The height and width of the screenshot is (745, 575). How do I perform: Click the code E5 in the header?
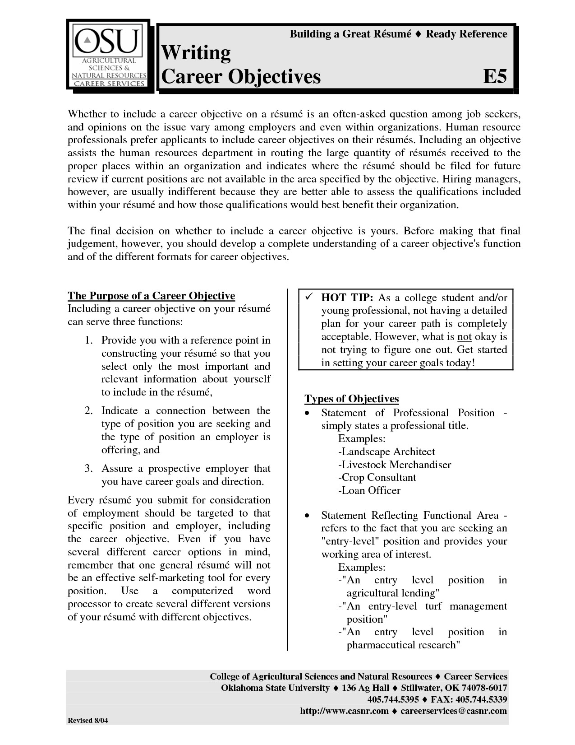pos(495,77)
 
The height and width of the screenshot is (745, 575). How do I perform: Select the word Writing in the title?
pos(196,53)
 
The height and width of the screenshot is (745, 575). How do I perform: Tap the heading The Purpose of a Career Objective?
pos(151,296)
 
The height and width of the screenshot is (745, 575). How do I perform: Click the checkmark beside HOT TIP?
pos(309,298)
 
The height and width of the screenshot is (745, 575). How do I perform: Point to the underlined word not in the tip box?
pos(464,337)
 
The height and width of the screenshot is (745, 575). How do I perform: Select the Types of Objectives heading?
pos(352,399)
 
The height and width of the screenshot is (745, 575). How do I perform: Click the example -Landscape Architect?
pos(386,452)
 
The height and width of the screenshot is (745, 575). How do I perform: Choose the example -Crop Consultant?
pos(377,478)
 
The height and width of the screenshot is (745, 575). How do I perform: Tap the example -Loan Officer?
pos(369,491)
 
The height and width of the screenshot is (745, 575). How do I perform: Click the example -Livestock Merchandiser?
pos(394,465)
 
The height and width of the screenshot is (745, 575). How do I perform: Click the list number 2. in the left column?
pos(88,411)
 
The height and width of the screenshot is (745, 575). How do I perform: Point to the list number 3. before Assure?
pos(88,469)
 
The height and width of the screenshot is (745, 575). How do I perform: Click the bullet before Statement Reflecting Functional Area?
pos(307,516)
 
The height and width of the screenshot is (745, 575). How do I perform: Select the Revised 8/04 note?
pos(88,721)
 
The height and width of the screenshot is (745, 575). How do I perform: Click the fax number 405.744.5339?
pos(482,699)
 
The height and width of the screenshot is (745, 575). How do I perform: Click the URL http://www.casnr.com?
pos(344,711)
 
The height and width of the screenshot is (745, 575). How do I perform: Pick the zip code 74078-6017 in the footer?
pos(485,688)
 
